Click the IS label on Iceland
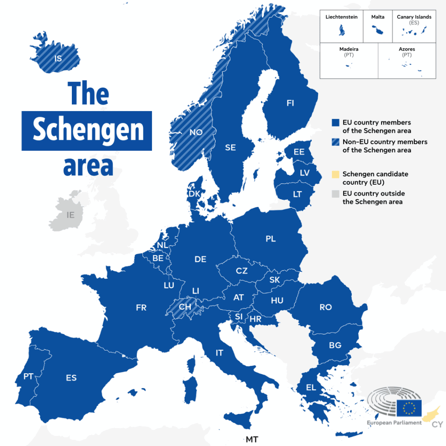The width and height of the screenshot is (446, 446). [58, 58]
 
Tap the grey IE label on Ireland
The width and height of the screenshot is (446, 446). [71, 215]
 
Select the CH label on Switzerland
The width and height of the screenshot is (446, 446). [185, 307]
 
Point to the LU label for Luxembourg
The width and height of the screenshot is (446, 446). [169, 286]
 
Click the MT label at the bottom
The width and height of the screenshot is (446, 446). [252, 439]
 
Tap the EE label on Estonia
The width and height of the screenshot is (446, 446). [299, 152]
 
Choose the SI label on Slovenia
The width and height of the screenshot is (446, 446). [239, 317]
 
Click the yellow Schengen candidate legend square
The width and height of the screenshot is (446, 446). [335, 174]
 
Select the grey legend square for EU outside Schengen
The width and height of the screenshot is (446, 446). [335, 193]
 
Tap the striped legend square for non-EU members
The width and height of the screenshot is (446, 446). [335, 142]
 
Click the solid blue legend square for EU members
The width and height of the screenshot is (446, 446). [335, 123]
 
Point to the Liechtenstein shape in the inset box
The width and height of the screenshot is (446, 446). [341, 30]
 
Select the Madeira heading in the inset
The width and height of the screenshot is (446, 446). [349, 49]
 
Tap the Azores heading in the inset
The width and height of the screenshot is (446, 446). [407, 49]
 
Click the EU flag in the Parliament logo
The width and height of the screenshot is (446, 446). [409, 408]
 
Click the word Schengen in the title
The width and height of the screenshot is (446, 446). [88, 130]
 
